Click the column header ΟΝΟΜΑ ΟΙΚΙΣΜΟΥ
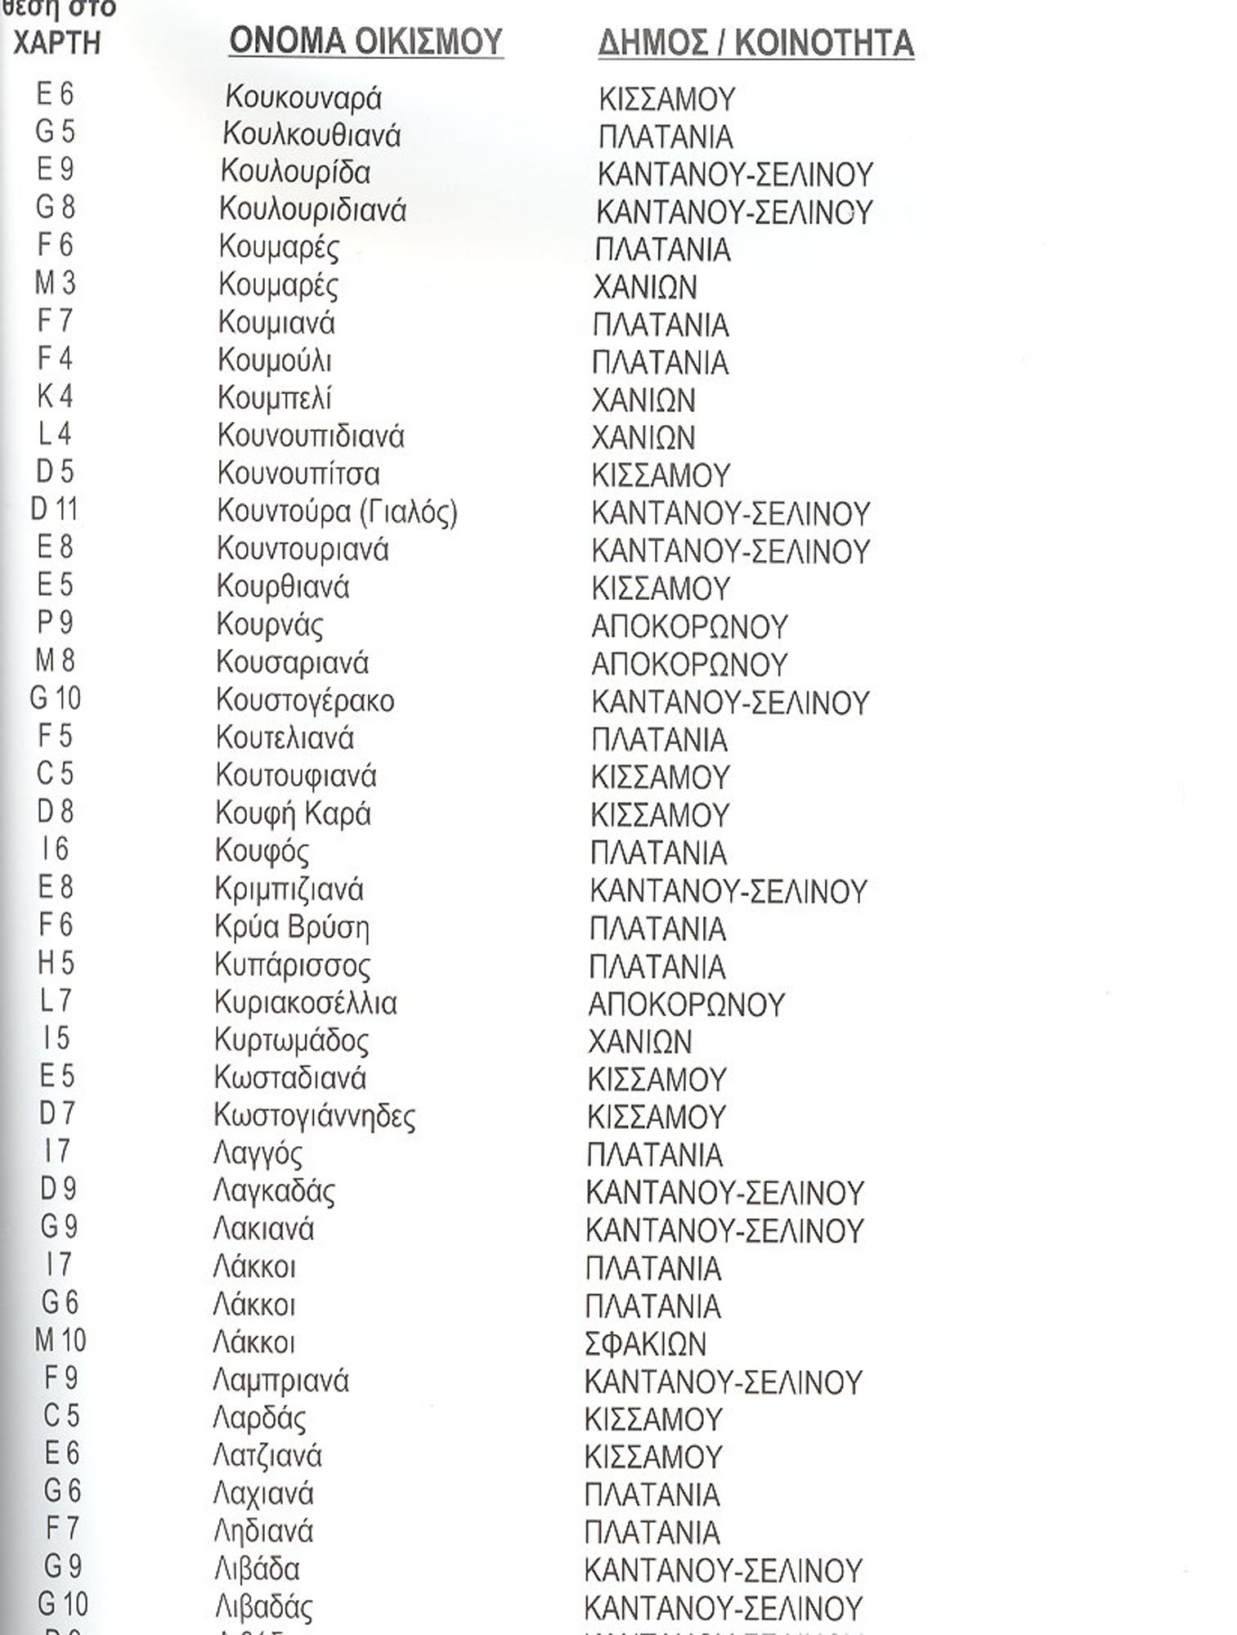pos(365,42)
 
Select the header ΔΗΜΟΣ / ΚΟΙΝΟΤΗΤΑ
pos(755,43)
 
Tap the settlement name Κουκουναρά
pos(303,98)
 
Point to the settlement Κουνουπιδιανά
pos(311,437)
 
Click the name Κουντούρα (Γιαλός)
pos(337,513)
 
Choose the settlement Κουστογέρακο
pos(305,701)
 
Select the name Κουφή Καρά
pos(293,814)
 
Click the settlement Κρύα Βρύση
pos(292,928)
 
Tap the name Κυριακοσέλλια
pos(305,1003)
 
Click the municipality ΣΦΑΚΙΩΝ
pos(645,1344)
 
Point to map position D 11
pos(54,509)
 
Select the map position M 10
pos(60,1341)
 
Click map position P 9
pos(56,623)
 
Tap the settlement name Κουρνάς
pos(269,625)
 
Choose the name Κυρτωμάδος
pos(291,1041)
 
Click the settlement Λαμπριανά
pos(280,1382)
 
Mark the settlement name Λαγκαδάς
pos(273,1192)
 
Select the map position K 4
pos(55,396)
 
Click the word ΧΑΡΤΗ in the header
pos(56,43)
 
